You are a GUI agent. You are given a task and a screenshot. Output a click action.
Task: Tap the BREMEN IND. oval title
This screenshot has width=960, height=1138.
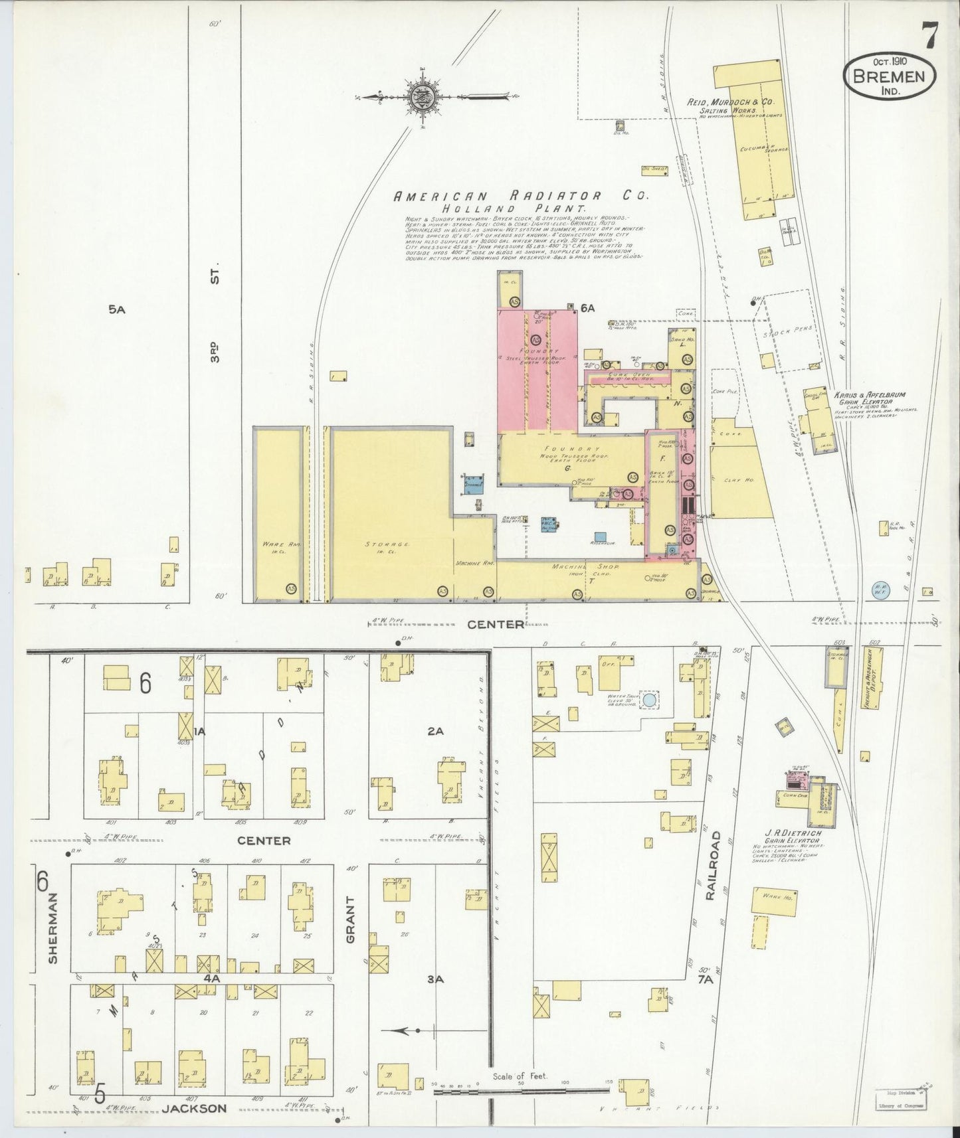point(890,77)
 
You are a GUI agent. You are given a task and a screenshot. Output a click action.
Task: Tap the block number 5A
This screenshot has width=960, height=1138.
point(117,309)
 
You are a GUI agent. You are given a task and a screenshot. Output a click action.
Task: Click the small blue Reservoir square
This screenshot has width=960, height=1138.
point(601,536)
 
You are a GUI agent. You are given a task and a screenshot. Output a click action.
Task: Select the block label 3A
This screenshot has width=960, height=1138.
point(435,978)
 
